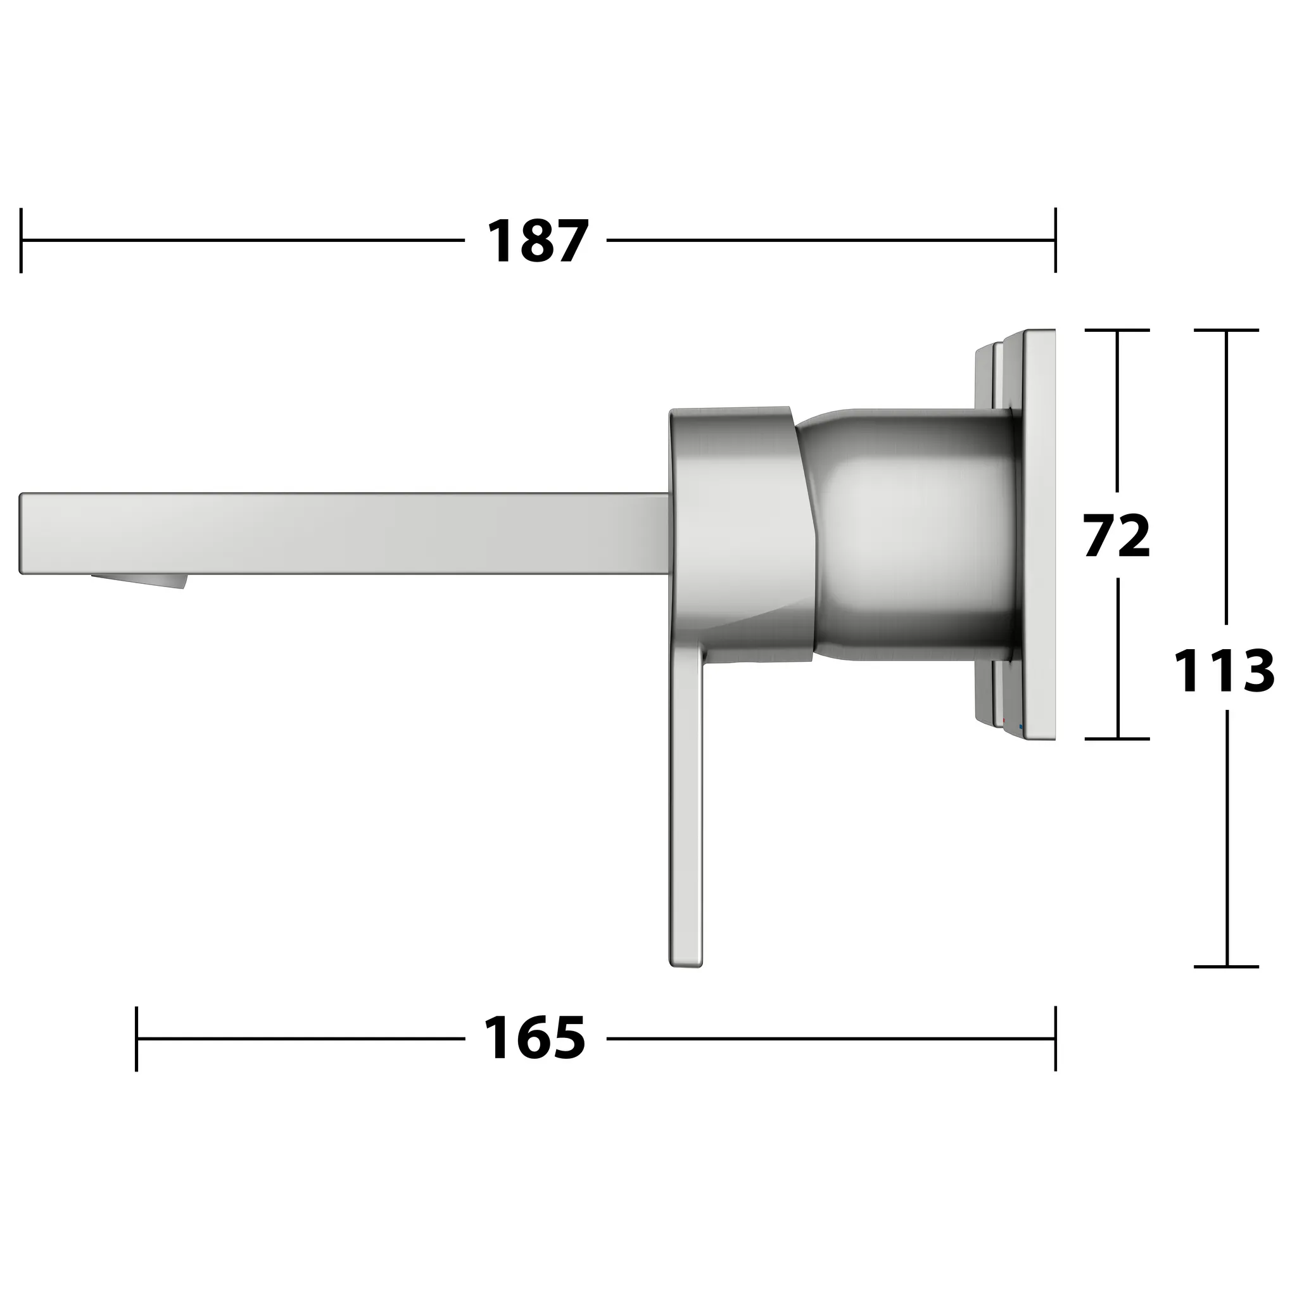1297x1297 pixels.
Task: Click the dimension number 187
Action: point(537,241)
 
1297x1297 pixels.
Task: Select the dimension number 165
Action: point(535,1038)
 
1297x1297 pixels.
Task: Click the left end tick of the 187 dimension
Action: point(22,240)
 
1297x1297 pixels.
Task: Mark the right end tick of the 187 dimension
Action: point(1055,240)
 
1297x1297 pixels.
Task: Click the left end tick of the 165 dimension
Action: point(136,1039)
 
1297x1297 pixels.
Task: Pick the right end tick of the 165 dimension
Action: point(1055,1039)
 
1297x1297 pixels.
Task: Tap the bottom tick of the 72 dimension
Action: point(1117,739)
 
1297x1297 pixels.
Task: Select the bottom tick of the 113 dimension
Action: point(1227,966)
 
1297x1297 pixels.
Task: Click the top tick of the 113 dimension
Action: point(1227,331)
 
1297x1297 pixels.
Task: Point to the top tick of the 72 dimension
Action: point(1117,331)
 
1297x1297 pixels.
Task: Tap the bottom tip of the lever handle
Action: point(685,964)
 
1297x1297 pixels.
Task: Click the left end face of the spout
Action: point(22,534)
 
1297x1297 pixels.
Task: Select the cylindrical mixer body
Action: point(913,534)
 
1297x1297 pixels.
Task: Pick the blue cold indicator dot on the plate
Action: point(1021,727)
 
